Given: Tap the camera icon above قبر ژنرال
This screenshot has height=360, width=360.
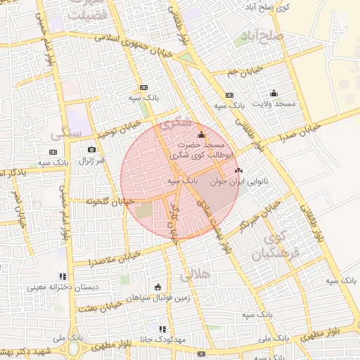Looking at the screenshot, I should tap(91, 150).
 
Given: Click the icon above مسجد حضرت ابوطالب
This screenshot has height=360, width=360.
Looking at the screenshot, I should tap(202, 134).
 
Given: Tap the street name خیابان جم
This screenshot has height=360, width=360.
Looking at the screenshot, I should tap(245, 71).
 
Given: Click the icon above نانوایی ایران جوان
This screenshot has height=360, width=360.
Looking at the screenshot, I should tap(237, 170).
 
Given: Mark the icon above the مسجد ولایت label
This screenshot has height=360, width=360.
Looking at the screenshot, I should tap(274, 93).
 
